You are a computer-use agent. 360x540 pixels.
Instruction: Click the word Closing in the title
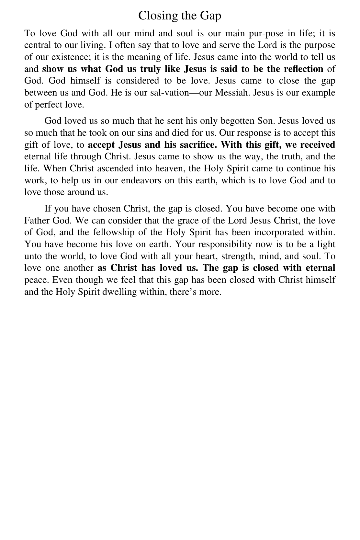point(155,16)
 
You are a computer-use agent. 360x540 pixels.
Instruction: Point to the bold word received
point(318,144)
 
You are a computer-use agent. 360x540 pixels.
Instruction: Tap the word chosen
point(105,209)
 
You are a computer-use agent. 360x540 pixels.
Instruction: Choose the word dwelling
point(119,292)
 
